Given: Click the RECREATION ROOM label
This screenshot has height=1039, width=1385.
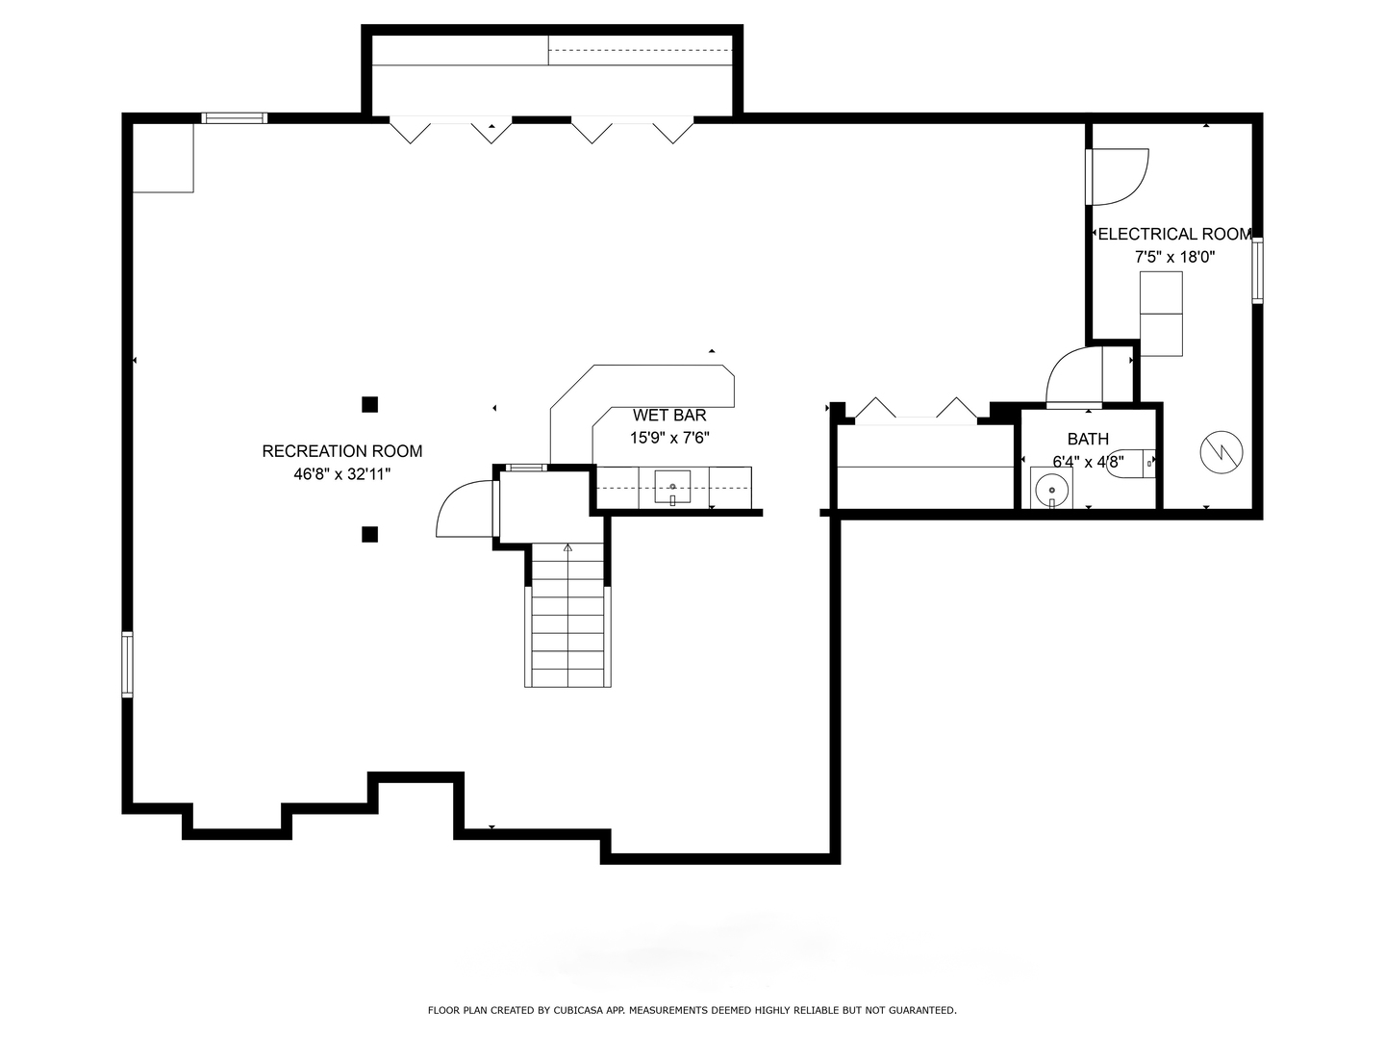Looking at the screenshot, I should (x=342, y=451).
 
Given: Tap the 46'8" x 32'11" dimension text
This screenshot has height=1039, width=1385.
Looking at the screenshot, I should (x=342, y=474).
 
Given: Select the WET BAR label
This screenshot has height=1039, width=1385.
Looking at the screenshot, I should (x=669, y=416).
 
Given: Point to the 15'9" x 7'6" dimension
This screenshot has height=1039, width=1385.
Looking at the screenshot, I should (x=669, y=439).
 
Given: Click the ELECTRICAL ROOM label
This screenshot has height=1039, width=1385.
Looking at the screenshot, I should (x=1174, y=234).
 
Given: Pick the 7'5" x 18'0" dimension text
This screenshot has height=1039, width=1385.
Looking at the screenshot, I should (x=1174, y=257).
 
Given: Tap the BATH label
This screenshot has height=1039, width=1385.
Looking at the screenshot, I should (x=1088, y=439).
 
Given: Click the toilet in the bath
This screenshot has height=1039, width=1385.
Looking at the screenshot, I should (x=1131, y=464).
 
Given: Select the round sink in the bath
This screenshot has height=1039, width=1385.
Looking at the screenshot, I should (x=1053, y=490).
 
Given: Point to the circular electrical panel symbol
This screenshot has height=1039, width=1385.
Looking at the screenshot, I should (x=1221, y=451).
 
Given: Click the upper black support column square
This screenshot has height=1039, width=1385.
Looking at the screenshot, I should (x=369, y=404).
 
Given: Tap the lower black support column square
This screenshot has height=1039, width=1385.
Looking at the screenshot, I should (x=369, y=534).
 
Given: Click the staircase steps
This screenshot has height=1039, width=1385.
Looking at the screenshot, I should (x=567, y=625).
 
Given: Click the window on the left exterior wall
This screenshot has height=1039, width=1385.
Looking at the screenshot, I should (x=127, y=664).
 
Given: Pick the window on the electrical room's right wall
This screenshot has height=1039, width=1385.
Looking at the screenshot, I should (x=1257, y=271).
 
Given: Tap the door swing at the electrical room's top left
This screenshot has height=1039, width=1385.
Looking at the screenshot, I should (x=1118, y=176).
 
